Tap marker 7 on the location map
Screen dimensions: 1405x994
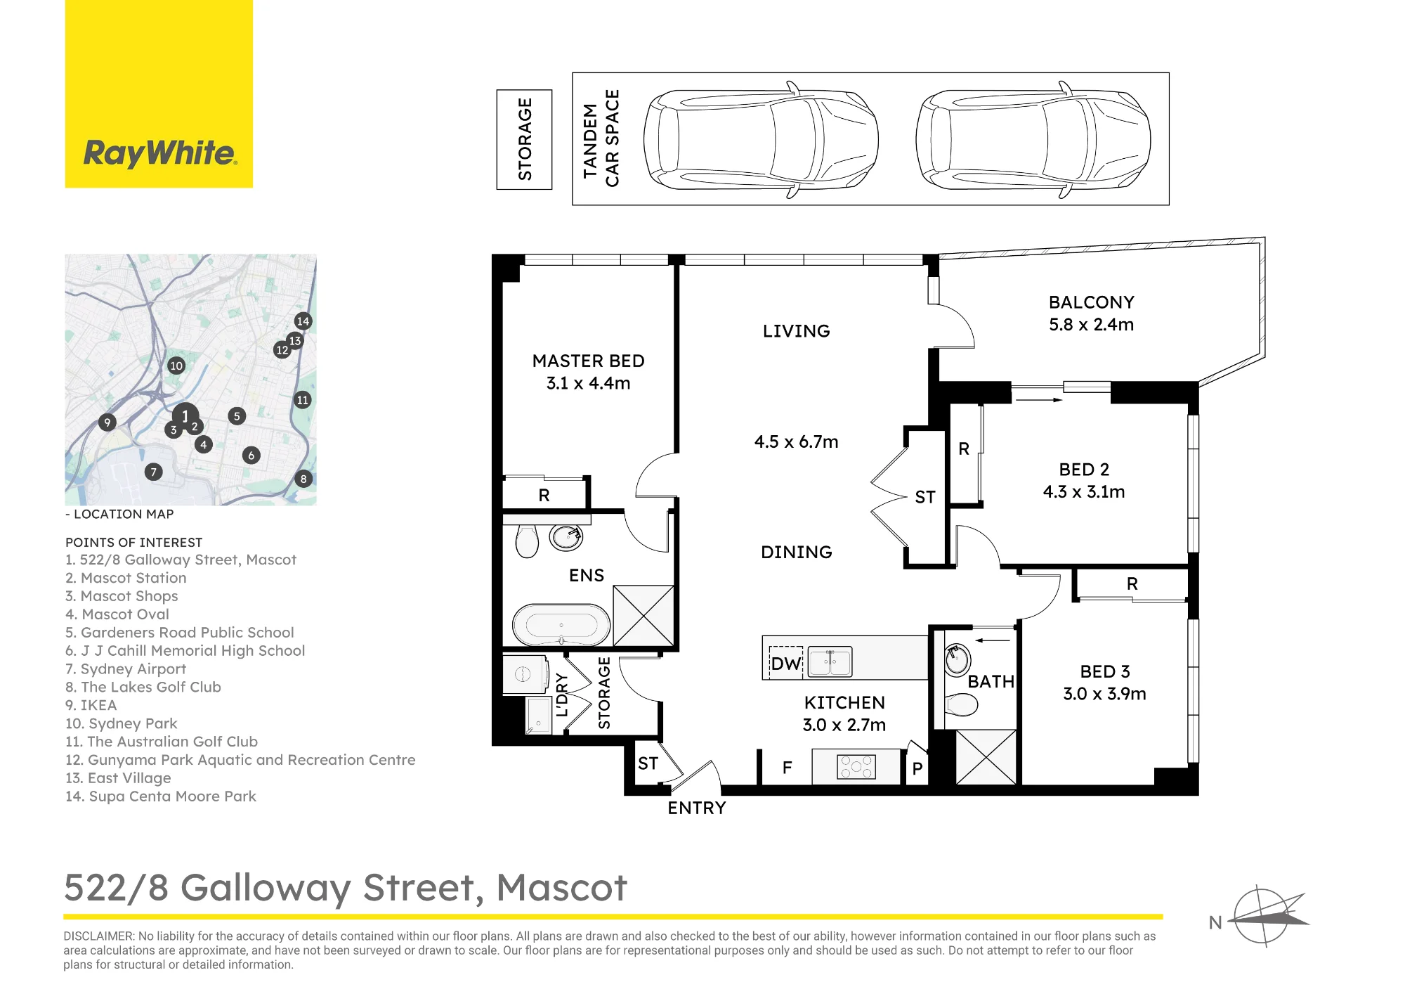[x=154, y=472]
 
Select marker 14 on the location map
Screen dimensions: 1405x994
[x=303, y=321]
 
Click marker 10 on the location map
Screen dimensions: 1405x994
[x=176, y=366]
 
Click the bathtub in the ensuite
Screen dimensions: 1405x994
[x=561, y=624]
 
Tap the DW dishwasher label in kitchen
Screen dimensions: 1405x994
[x=785, y=664]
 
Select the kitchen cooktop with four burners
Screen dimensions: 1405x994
[x=856, y=766]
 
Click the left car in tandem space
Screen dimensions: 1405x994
[x=761, y=139]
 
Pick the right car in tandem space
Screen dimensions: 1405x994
[x=1033, y=139]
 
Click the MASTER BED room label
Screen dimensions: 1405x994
[x=589, y=361]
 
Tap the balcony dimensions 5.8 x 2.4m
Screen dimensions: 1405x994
[x=1092, y=325]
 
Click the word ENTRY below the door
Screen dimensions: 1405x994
[x=697, y=808]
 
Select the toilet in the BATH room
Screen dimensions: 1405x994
[x=961, y=704]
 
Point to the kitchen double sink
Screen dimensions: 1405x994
[x=830, y=661]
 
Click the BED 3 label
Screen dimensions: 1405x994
[x=1105, y=671]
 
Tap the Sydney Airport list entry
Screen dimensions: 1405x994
[x=126, y=669]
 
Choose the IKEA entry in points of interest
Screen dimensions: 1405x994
[x=91, y=705]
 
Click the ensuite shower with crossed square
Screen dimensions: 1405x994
[x=643, y=616]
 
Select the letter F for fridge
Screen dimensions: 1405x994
[x=787, y=768]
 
